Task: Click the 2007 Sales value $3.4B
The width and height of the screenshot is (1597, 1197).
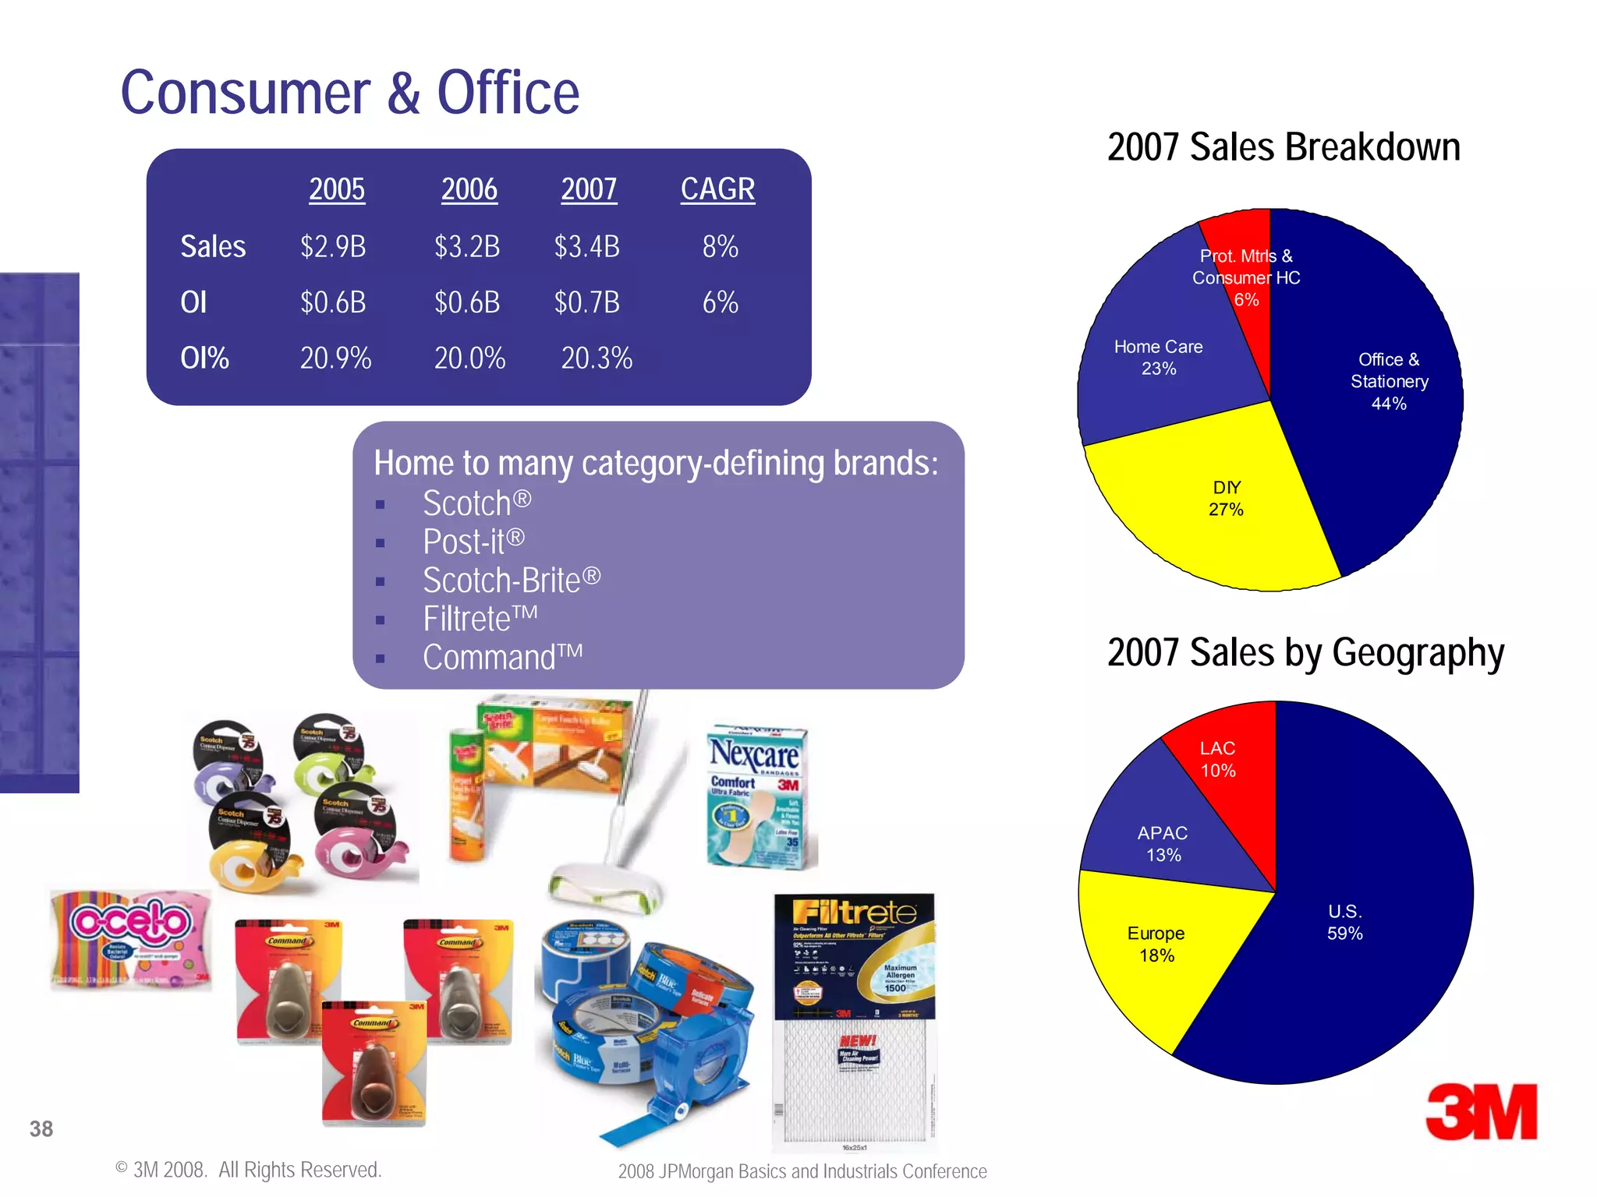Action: tap(586, 247)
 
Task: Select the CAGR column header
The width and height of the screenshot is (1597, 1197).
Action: tap(717, 189)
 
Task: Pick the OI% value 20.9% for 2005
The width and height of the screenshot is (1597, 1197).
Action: tap(335, 358)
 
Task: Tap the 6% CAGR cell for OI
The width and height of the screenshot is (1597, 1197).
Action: tap(720, 302)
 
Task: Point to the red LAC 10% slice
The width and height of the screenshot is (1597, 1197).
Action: tap(1217, 759)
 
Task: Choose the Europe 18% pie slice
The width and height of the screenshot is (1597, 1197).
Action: tap(1156, 944)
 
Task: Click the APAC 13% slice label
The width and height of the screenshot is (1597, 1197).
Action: tap(1163, 844)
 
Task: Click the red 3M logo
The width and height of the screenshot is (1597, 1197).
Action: tap(1481, 1112)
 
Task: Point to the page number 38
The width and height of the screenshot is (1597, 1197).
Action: tap(41, 1128)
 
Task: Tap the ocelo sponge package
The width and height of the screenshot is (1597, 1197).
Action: tap(131, 939)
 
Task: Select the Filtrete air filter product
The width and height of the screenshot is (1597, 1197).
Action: tap(855, 1021)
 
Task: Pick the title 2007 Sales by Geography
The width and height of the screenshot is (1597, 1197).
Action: tap(1305, 652)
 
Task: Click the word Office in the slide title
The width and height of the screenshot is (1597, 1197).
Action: tap(508, 93)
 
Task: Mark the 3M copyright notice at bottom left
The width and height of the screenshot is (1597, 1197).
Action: tap(248, 1170)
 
